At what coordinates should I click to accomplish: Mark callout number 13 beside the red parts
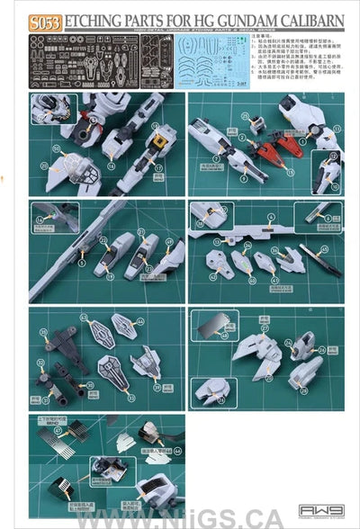click(x=255, y=121)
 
